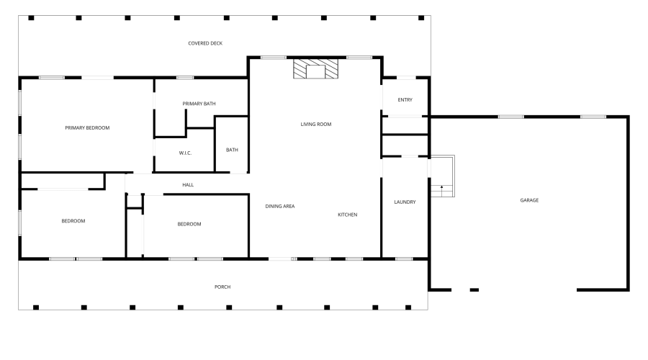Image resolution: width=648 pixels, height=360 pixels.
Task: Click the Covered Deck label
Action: point(205,43)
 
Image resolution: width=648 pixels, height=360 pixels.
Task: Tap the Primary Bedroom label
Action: point(87,127)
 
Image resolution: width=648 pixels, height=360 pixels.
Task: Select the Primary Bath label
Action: point(199,104)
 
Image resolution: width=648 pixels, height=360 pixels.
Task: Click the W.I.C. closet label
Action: point(185,153)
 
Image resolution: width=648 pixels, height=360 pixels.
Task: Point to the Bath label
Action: point(232,150)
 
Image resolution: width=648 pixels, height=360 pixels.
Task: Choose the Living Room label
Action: point(315,125)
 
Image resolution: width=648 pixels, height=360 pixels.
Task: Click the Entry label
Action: point(405,100)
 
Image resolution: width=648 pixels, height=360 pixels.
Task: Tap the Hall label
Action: point(188,185)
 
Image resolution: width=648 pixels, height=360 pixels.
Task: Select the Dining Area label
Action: point(280,206)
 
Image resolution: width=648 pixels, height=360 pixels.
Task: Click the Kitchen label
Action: point(348,215)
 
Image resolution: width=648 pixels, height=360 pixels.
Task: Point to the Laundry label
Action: point(405,202)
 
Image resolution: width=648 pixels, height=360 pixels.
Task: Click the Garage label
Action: point(529,200)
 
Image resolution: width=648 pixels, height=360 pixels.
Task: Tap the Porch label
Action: point(222,287)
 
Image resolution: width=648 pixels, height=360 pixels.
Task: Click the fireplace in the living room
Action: point(315,70)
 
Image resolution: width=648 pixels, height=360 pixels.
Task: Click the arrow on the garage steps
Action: point(441,189)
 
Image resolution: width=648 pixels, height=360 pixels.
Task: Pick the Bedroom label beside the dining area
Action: point(189,224)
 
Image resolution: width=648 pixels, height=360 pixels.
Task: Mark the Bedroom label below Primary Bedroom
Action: point(73,221)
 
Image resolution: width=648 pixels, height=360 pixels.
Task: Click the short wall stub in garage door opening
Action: point(474,289)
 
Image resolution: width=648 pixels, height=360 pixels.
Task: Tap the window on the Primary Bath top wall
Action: point(185,77)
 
